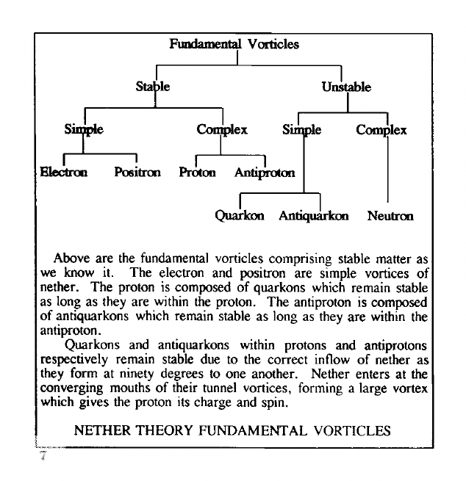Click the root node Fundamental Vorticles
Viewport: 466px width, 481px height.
click(x=234, y=44)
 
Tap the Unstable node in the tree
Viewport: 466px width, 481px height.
click(x=345, y=87)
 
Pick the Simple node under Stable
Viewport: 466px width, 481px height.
click(x=83, y=130)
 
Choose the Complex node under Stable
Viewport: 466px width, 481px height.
click(x=221, y=130)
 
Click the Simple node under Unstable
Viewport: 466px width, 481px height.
click(x=301, y=130)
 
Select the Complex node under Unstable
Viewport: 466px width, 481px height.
click(x=381, y=130)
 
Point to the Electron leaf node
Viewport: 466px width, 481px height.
click(x=64, y=173)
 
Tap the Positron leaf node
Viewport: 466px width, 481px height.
click(x=137, y=173)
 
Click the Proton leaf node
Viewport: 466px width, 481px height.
click(x=197, y=173)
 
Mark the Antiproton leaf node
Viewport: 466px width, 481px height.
click(x=264, y=173)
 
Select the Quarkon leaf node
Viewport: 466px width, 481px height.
click(x=239, y=216)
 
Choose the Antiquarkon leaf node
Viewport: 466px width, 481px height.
click(x=314, y=216)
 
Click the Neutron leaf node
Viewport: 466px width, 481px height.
click(x=390, y=216)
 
